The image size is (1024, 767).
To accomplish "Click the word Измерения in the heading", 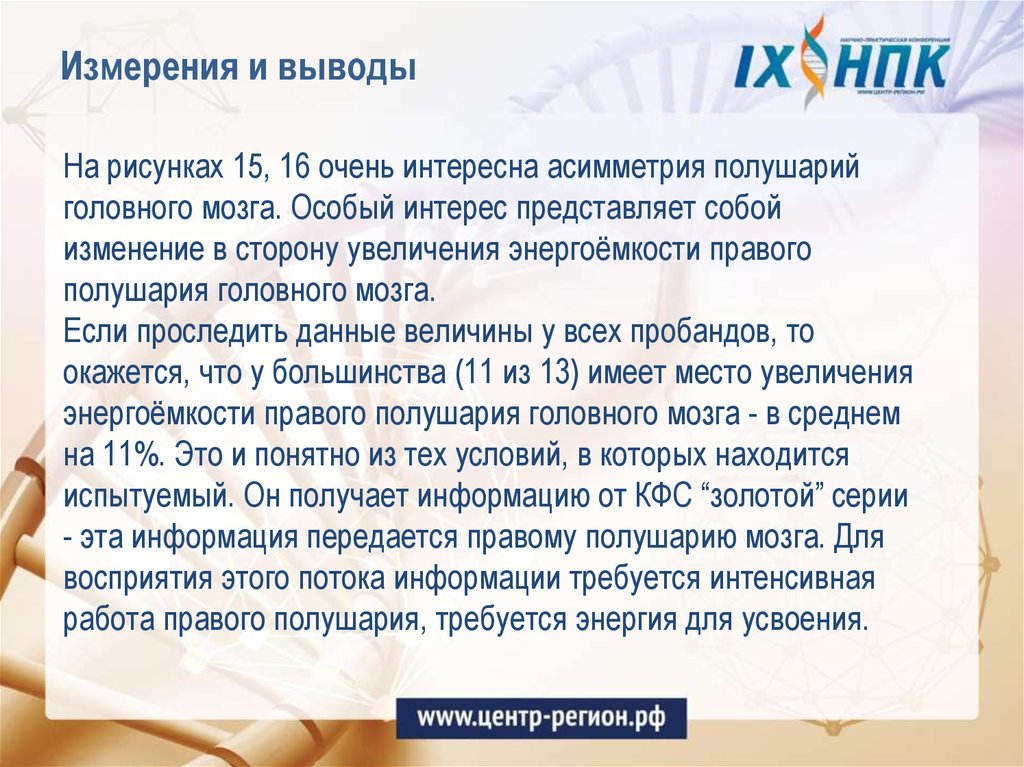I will click(x=141, y=70).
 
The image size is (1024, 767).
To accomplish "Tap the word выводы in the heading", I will click(x=351, y=70).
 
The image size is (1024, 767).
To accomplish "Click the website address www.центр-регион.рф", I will click(x=540, y=717).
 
